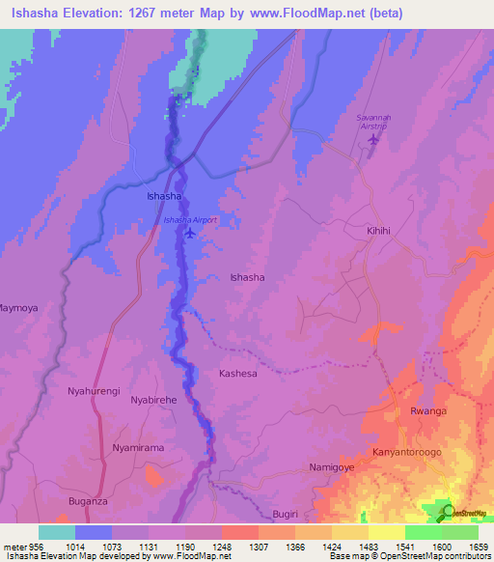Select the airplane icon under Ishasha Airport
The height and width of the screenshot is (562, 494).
coord(190,233)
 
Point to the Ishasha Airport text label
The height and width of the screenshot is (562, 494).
coord(190,220)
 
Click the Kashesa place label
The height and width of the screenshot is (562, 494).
coord(238,373)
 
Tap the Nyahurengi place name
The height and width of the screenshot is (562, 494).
coord(94,391)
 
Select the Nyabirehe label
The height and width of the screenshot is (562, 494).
coord(155,399)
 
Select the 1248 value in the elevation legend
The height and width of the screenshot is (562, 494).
coord(222,546)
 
